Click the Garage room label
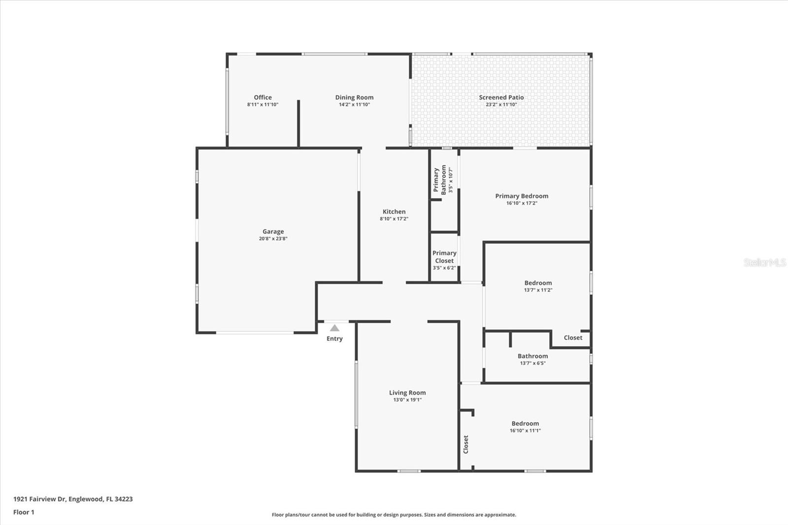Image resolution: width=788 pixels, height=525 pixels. click(x=273, y=231)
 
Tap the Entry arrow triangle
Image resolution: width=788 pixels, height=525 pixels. click(x=334, y=328)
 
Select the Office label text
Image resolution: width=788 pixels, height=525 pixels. click(x=263, y=98)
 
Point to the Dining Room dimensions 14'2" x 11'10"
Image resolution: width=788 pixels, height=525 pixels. click(x=354, y=104)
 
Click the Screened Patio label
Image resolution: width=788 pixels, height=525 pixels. click(x=501, y=98)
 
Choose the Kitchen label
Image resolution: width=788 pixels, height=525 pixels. click(x=394, y=211)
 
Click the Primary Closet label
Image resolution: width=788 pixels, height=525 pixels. click(x=444, y=257)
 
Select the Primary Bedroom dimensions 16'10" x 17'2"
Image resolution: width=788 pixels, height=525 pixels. click(x=522, y=203)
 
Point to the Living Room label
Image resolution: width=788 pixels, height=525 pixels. click(x=407, y=393)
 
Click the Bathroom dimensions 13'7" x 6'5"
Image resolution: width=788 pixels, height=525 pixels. click(x=532, y=363)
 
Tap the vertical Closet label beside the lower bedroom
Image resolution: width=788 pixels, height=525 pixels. click(x=466, y=444)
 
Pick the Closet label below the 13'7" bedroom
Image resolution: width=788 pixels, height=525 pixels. click(x=573, y=338)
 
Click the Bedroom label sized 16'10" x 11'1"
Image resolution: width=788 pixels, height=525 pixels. click(x=525, y=424)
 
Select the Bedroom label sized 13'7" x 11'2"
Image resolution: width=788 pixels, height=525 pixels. click(x=538, y=283)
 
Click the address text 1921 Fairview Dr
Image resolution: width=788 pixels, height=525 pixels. click(x=39, y=499)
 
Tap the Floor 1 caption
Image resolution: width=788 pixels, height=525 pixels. click(x=24, y=512)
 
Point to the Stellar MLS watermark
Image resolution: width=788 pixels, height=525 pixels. click(x=765, y=262)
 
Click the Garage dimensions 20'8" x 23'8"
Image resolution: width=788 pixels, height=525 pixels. click(x=273, y=238)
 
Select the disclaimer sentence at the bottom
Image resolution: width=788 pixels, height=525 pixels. click(x=394, y=515)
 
